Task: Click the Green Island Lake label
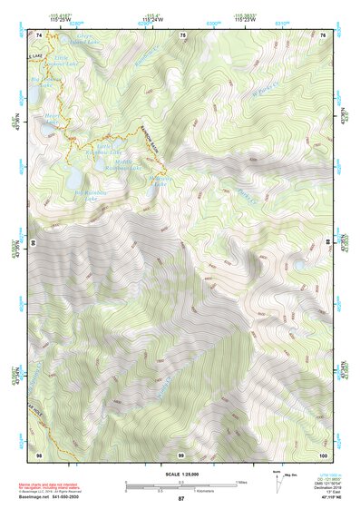coord(64,41)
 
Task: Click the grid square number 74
coord(39,34)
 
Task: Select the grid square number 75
coord(183,34)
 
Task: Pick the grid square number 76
coord(324,34)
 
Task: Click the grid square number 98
coord(39,455)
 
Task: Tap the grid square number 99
coord(181,455)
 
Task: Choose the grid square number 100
coord(324,455)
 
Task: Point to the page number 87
coord(181,499)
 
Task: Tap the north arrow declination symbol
coord(278,480)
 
